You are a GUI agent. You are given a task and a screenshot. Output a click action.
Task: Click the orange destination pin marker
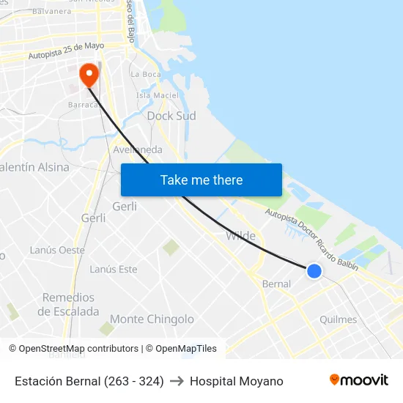tap(89, 74)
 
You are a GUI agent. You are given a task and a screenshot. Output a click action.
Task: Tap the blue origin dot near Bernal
tap(314, 270)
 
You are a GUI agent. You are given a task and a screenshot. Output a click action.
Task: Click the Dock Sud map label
tap(171, 116)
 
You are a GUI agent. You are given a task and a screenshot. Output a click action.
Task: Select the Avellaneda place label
tap(138, 149)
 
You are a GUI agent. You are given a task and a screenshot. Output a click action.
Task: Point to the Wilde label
tap(240, 236)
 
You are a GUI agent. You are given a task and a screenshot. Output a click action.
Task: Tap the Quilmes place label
tap(339, 319)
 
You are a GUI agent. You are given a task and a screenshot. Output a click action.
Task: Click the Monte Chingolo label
tap(152, 319)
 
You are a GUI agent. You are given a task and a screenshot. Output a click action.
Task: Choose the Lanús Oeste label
tap(57, 250)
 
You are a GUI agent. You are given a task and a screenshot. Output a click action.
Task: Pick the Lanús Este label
tap(113, 269)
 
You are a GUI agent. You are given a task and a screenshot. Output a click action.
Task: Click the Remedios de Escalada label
tap(68, 304)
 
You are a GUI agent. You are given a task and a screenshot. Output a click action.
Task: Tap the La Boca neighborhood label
tap(145, 74)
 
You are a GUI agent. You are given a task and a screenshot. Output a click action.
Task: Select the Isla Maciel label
tap(158, 95)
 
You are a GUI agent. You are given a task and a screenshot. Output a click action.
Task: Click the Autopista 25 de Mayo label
tap(66, 51)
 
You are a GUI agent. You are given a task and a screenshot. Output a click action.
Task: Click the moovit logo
tap(358, 380)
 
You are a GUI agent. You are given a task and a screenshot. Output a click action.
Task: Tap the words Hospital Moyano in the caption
tap(236, 381)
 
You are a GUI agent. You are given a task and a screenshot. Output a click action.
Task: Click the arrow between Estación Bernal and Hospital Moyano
tap(177, 381)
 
